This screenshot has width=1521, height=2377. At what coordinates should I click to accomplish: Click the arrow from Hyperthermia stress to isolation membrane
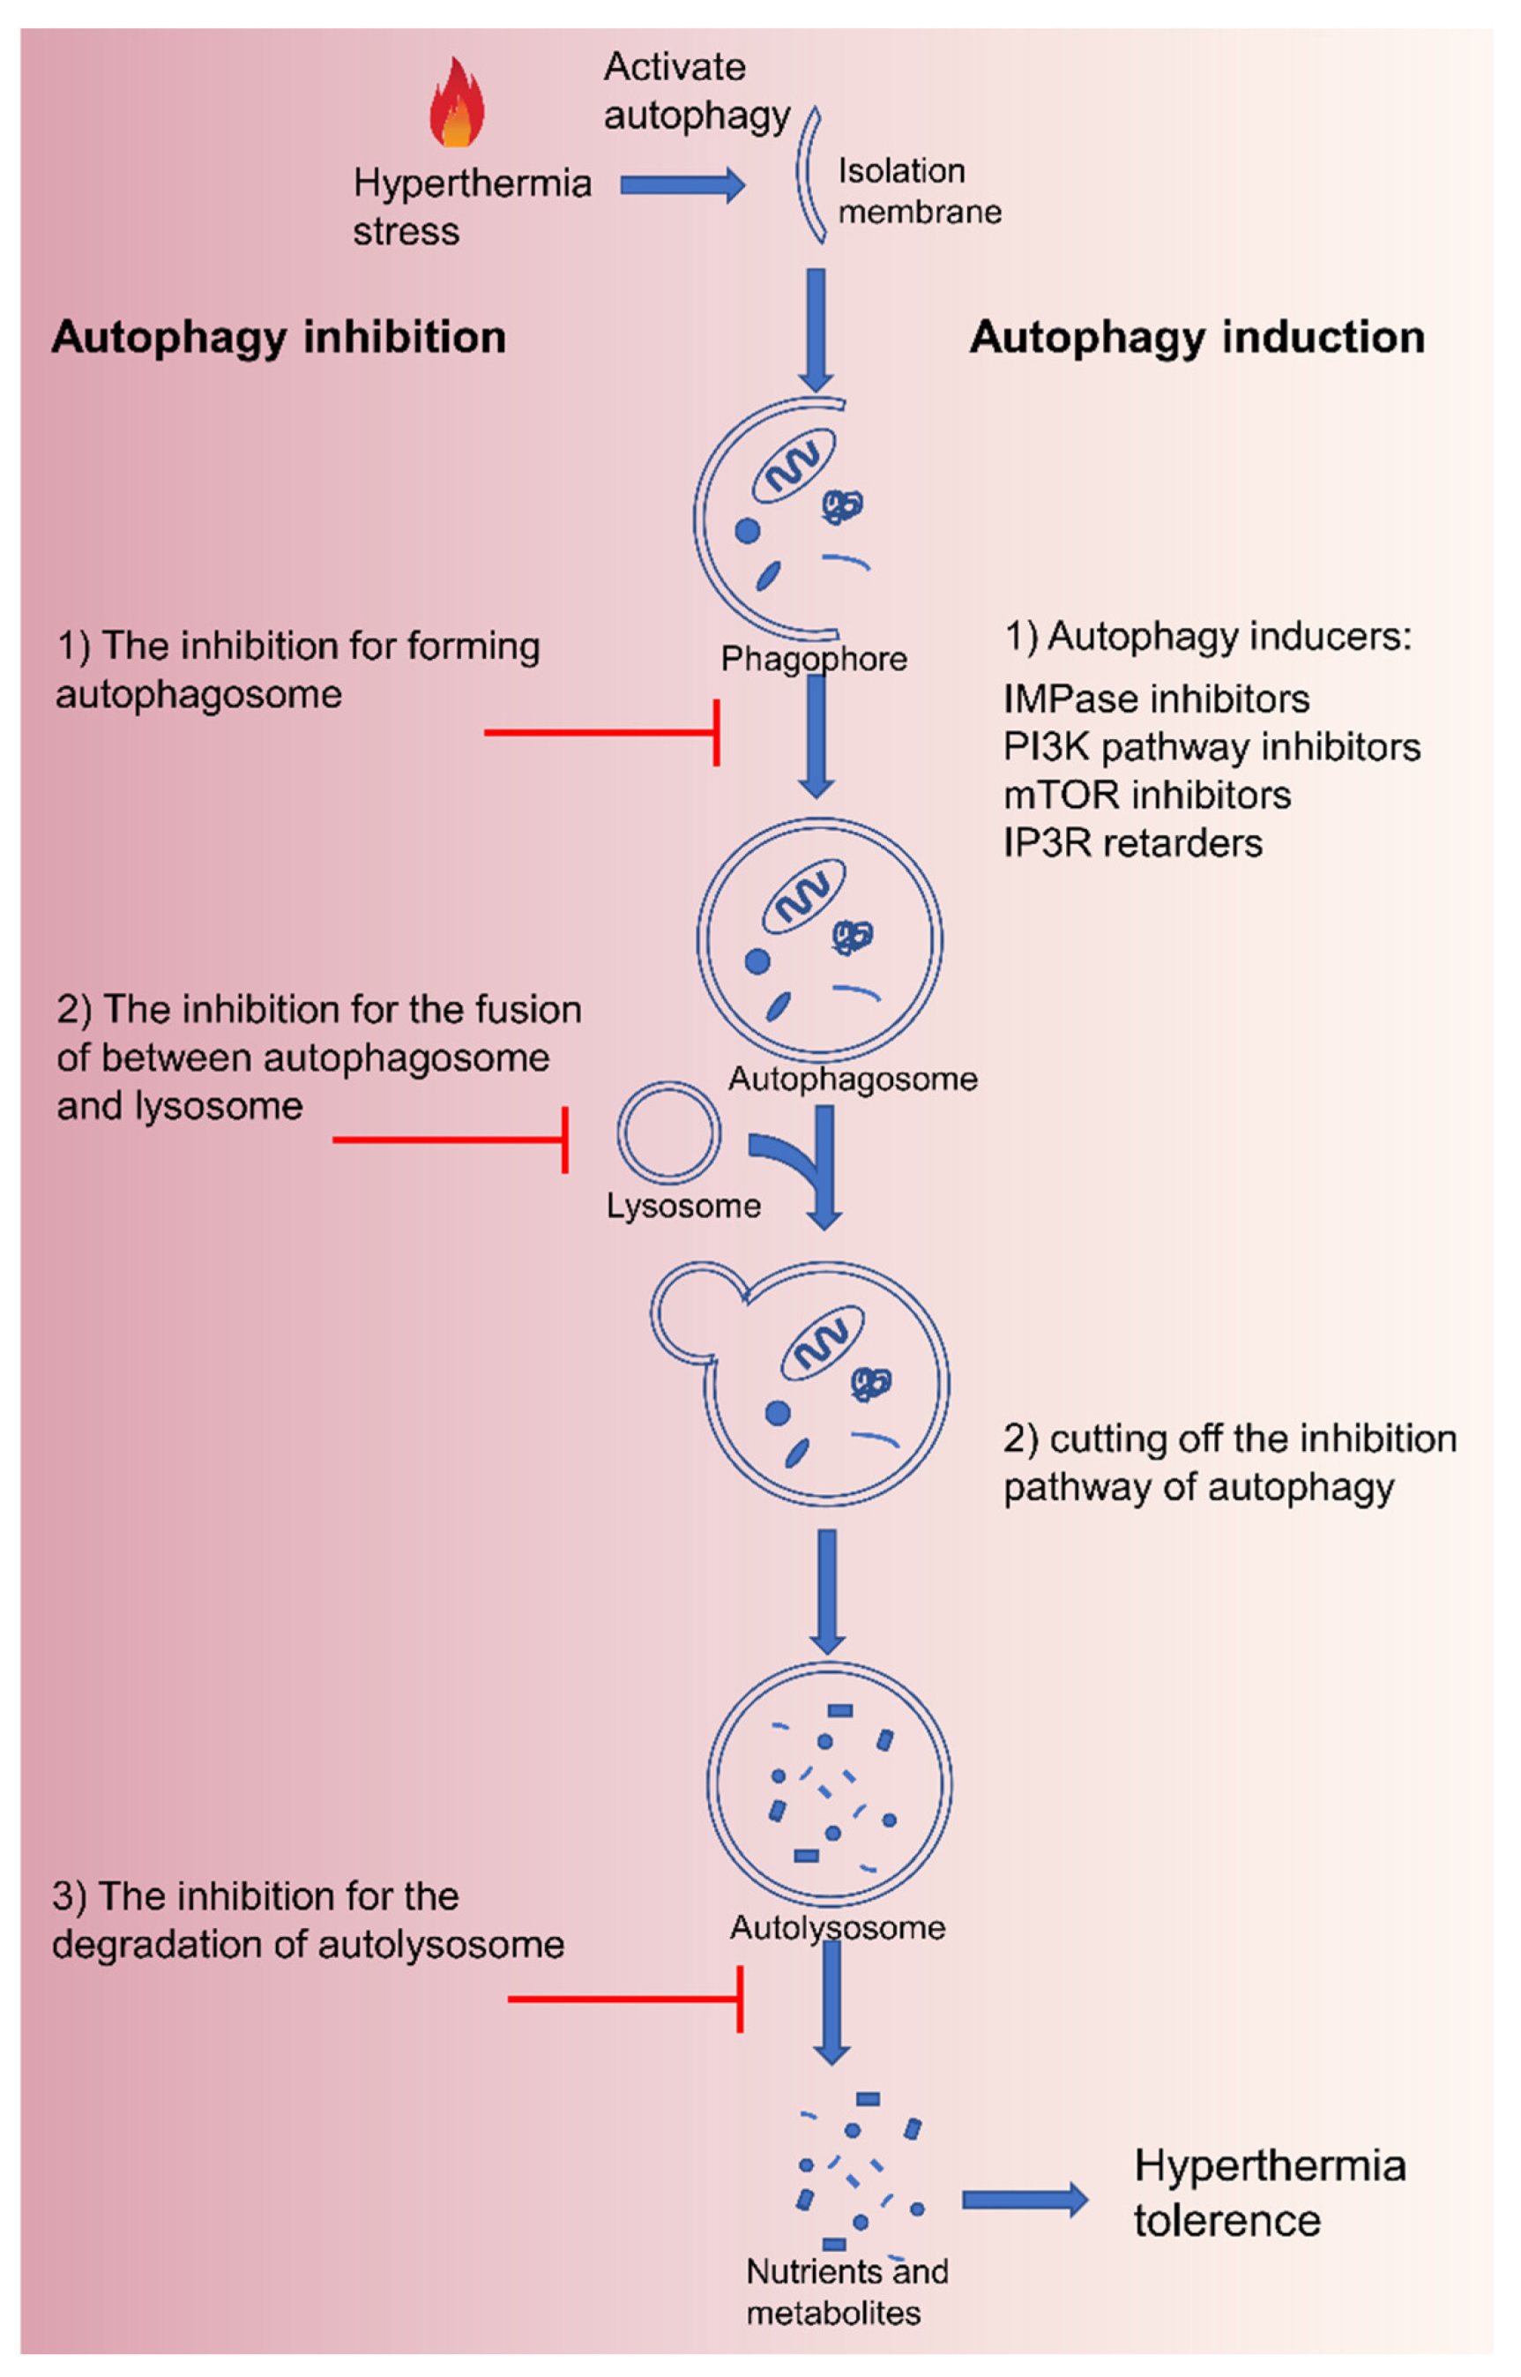pyautogui.click(x=682, y=184)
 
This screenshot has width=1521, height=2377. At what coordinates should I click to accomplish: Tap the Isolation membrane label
pyautogui.click(x=919, y=191)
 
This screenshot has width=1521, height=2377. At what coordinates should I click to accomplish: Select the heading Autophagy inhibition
pyautogui.click(x=279, y=337)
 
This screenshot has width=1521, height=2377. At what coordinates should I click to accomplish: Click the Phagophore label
pyautogui.click(x=813, y=658)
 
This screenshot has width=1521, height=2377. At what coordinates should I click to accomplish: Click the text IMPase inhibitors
pyautogui.click(x=1156, y=699)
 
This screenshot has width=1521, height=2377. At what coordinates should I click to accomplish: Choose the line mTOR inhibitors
pyautogui.click(x=1146, y=795)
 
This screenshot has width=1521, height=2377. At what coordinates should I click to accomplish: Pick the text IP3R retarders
pyautogui.click(x=1132, y=842)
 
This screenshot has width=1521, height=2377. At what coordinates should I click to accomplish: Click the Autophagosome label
pyautogui.click(x=853, y=1078)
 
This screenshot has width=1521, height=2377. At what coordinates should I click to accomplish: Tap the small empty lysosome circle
pyautogui.click(x=668, y=1132)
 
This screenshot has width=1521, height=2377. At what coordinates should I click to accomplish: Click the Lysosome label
pyautogui.click(x=683, y=1206)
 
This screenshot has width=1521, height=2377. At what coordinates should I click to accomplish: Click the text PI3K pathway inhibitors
pyautogui.click(x=1211, y=747)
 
